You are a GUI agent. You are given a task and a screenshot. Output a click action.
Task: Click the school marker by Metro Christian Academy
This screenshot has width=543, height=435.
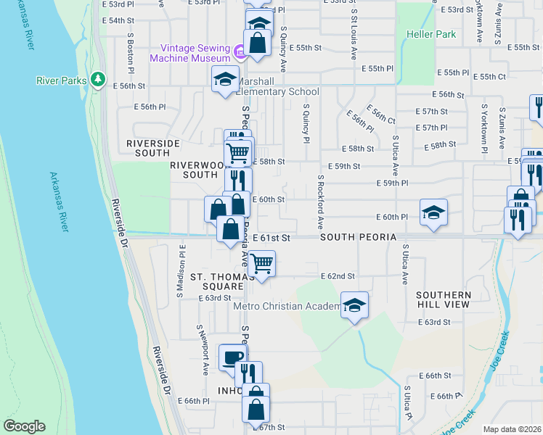355,306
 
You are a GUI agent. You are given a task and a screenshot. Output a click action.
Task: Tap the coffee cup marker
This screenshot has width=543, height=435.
233,358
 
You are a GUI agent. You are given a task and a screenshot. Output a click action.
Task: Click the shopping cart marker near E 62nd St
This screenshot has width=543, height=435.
261,263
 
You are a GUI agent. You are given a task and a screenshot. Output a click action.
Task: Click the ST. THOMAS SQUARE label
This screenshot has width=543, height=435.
221,281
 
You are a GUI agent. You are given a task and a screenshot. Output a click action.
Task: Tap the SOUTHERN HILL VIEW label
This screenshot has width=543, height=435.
444,300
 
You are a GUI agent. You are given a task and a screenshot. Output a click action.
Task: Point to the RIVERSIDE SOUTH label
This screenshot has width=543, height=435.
152,148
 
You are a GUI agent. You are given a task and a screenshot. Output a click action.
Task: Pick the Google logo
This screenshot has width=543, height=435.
24,426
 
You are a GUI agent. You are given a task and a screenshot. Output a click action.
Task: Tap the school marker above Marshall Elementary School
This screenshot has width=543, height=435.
225,79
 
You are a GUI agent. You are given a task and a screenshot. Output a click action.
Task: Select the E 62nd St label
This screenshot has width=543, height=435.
338,276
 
